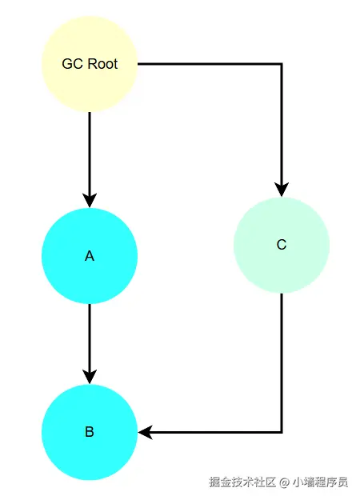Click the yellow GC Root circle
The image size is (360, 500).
coord(90,64)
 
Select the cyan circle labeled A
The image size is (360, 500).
coord(90,256)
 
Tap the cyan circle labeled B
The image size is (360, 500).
coord(90,432)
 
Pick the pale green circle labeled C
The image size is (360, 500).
coord(282,245)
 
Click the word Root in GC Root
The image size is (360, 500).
coord(102,64)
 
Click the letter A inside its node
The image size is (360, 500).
coord(90,256)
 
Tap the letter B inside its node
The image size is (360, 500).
coord(90,432)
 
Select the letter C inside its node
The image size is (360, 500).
coord(282,245)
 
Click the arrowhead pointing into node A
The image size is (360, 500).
coord(90,201)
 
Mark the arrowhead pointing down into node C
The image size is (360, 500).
coord(282,190)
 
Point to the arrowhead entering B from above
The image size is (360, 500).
coord(90,377)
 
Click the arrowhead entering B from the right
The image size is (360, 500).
coord(146,432)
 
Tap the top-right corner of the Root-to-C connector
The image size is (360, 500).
coord(282,64)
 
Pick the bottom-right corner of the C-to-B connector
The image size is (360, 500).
coord(282,432)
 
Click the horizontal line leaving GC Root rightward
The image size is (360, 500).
coord(210,64)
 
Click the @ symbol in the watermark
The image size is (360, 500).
coord(284,482)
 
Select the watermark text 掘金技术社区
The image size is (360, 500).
coord(242,482)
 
